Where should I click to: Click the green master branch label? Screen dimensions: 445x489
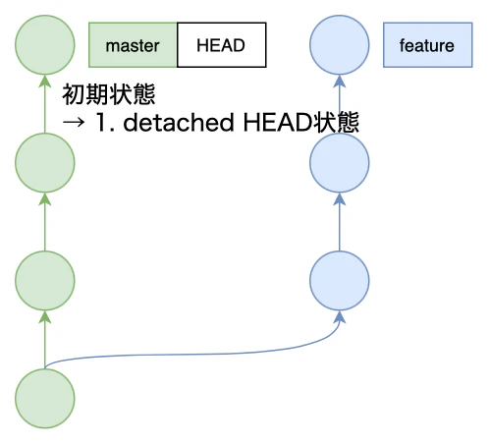[133, 45]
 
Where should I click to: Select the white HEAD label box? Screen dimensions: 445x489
[221, 45]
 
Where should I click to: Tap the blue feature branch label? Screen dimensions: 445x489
[426, 45]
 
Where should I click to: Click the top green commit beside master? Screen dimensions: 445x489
[45, 45]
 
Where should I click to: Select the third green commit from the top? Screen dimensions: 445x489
[45, 281]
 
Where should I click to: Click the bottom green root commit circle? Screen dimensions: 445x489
[45, 399]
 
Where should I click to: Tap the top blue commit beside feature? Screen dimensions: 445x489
[339, 45]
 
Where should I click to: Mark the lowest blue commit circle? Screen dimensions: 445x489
[339, 281]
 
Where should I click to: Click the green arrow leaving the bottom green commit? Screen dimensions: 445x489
[45, 340]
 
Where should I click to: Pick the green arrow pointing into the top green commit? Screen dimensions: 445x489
[45, 104]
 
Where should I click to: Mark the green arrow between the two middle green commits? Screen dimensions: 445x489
[45, 222]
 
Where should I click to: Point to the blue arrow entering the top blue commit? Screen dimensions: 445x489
[339, 104]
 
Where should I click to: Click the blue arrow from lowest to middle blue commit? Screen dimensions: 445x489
[339, 222]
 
